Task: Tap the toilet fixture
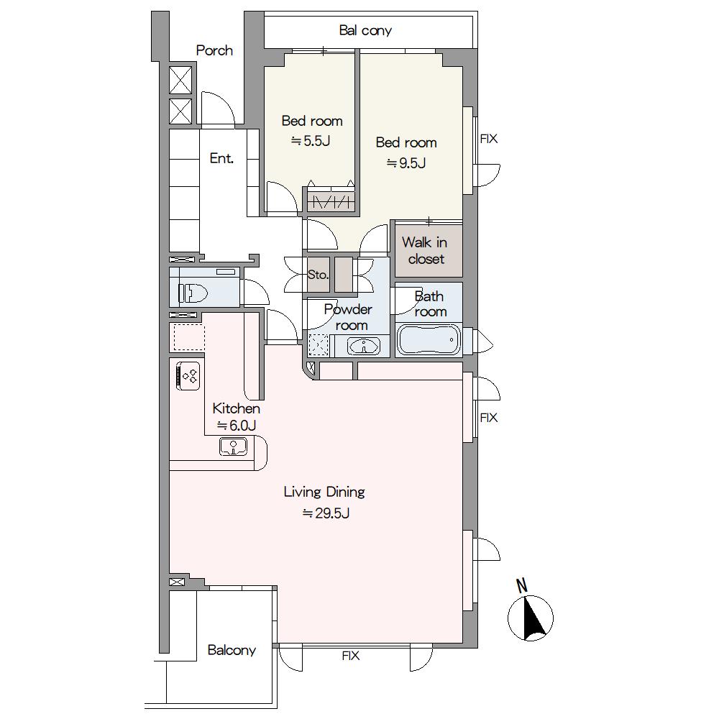[194, 293]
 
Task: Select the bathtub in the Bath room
[429, 340]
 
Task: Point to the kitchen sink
[234, 446]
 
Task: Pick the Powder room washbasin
[364, 347]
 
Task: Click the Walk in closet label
[425, 250]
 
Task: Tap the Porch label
[214, 50]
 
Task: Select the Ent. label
[221, 158]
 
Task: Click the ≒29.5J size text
[326, 513]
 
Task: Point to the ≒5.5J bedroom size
[311, 141]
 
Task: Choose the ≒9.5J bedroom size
[406, 162]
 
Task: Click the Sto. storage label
[318, 275]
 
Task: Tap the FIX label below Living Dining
[351, 656]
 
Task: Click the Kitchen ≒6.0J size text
[236, 426]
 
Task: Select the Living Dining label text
[324, 492]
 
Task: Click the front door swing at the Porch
[219, 109]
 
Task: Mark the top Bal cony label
[365, 31]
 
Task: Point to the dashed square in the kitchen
[189, 337]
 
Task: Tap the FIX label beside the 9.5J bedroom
[489, 139]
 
